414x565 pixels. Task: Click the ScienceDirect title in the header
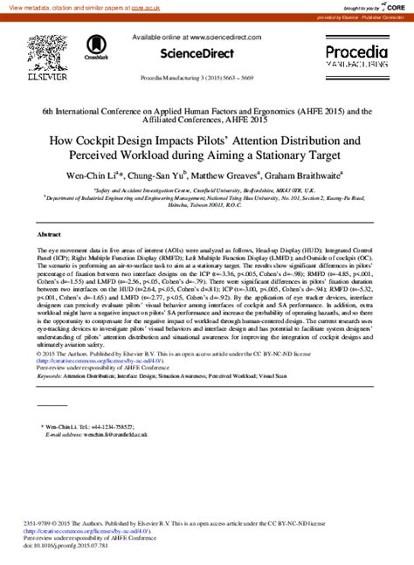[x=208, y=52]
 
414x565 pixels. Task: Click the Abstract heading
[x=49, y=235]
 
